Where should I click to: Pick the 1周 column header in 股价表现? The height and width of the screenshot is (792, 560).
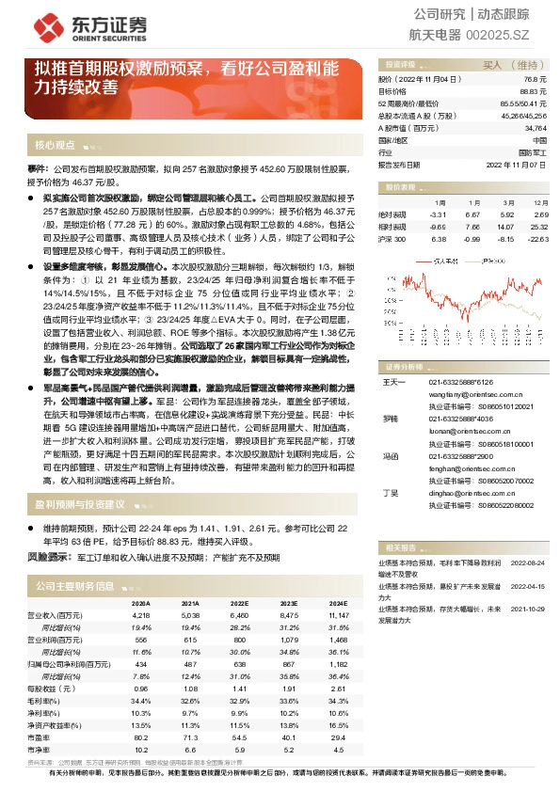438,202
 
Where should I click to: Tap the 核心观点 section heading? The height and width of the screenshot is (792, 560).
55,146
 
